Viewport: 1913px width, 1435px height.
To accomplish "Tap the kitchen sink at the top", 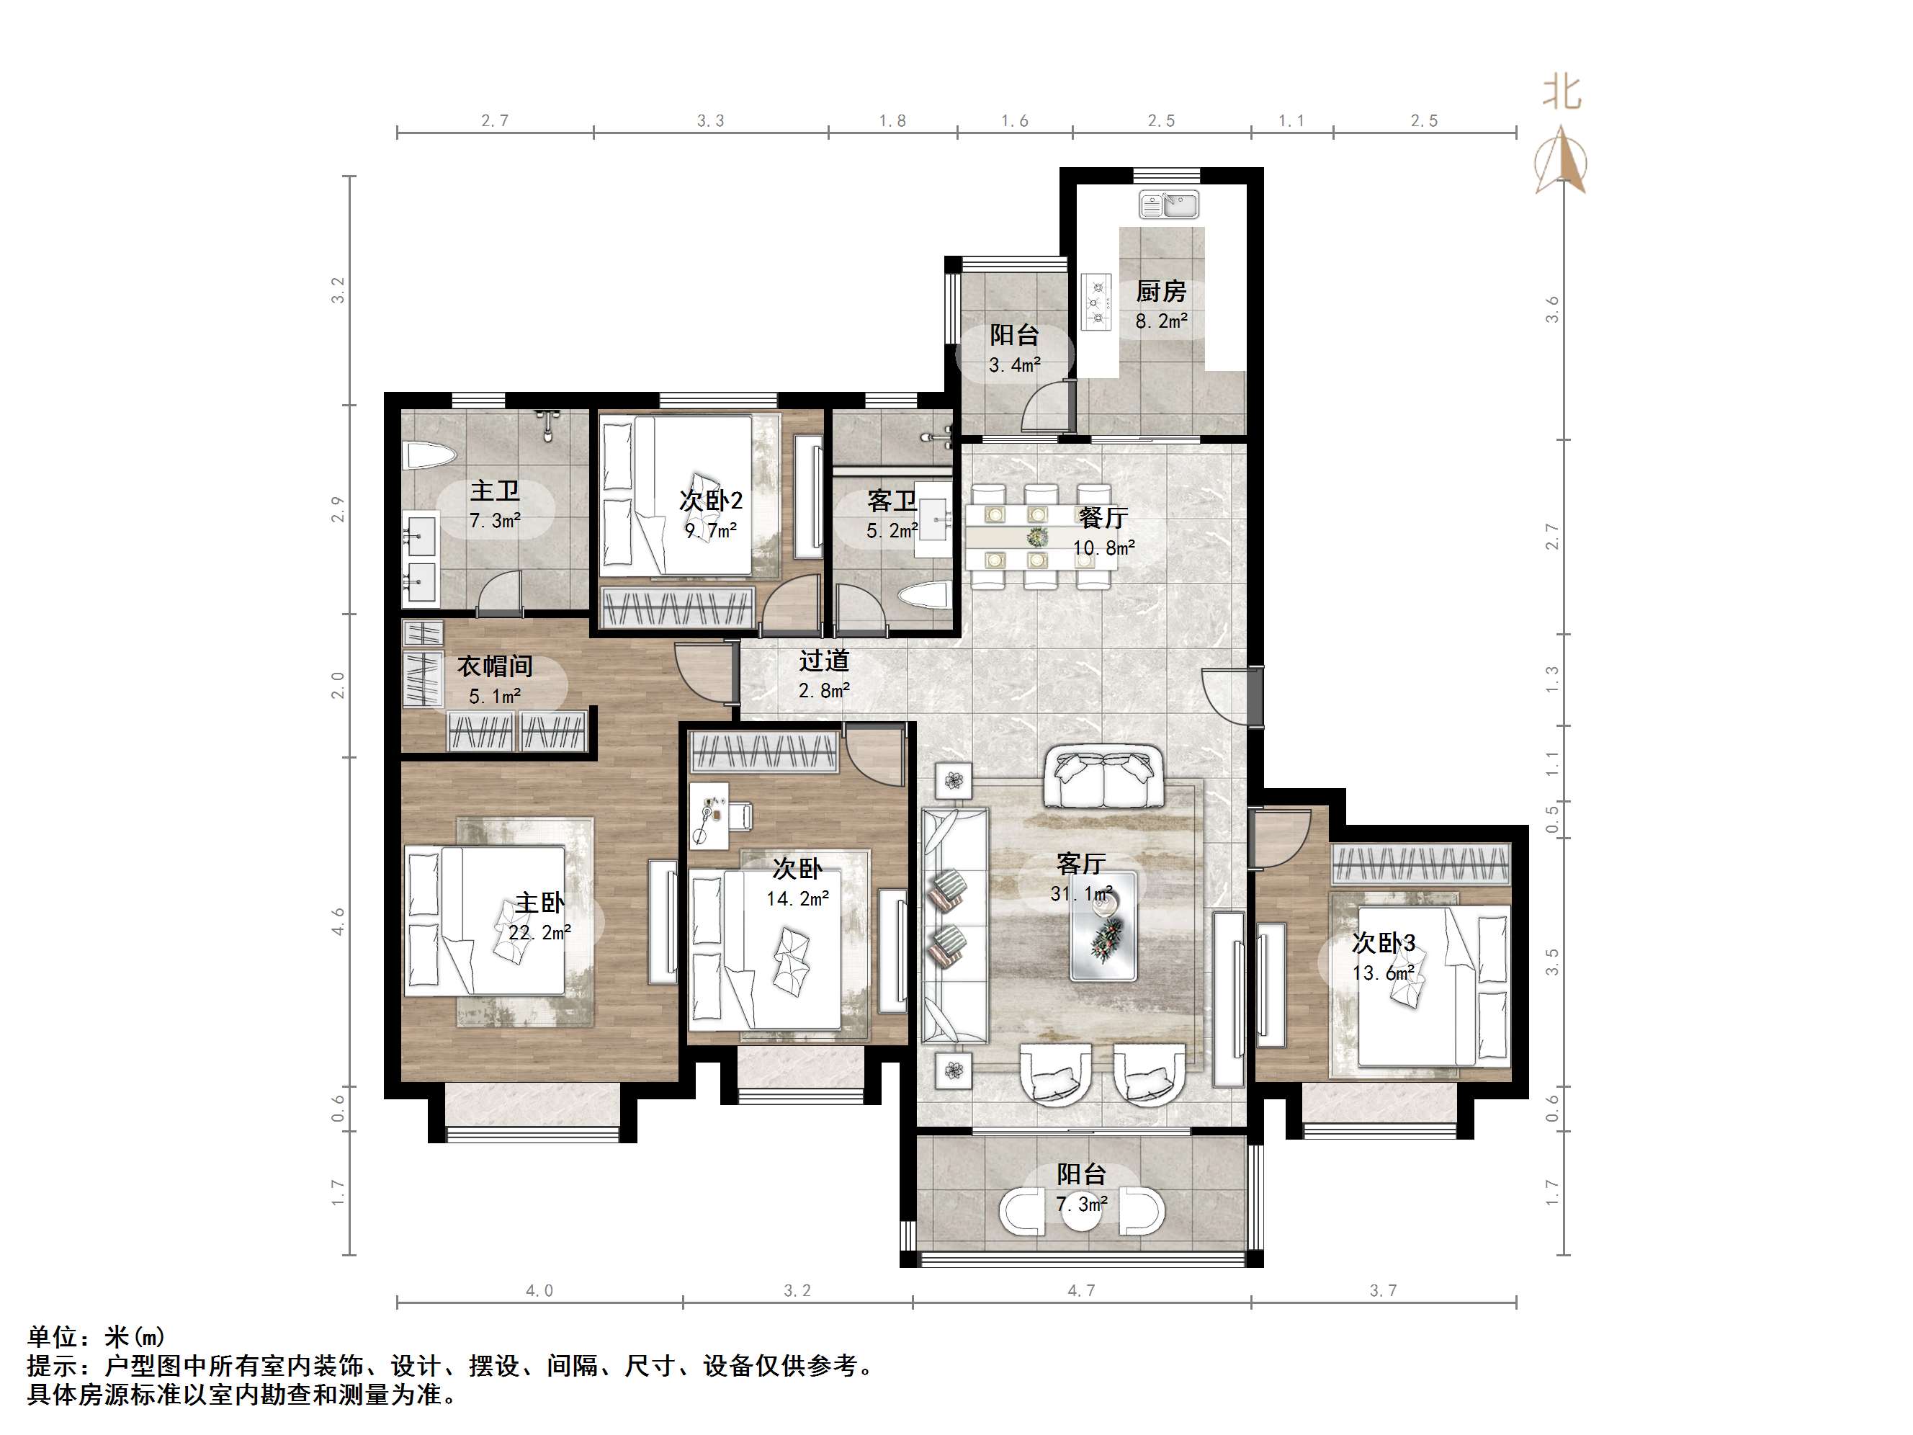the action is click(1168, 205).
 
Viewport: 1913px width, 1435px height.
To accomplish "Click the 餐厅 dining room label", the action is click(1103, 517).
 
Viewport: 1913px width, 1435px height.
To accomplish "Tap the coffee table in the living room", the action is click(1103, 926).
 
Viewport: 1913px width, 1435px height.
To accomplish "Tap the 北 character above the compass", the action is click(1562, 92).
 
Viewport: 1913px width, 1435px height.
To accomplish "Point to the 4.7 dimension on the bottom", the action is click(1081, 1290).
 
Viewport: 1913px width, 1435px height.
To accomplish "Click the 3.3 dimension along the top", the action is click(711, 121).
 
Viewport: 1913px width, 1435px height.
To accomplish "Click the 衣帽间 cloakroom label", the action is click(495, 666).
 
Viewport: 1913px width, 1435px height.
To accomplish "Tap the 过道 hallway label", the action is click(823, 661).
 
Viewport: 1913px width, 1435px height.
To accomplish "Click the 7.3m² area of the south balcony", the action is click(1081, 1203).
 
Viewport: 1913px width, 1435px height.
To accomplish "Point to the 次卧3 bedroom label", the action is click(1384, 942).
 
